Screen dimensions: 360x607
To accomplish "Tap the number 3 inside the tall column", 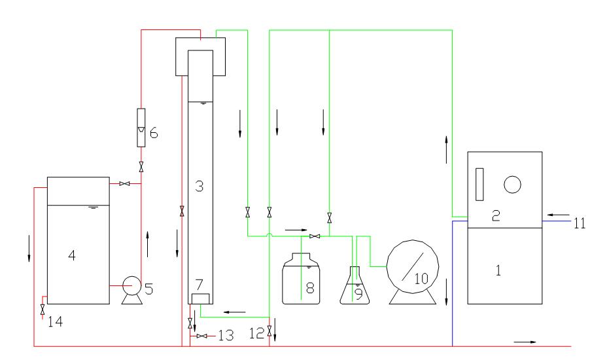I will pyautogui.click(x=200, y=187).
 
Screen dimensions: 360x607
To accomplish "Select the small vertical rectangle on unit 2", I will pyautogui.click(x=479, y=184).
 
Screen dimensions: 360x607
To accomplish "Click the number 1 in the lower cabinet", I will pyautogui.click(x=498, y=269).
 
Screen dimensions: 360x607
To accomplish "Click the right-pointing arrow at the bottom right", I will pyautogui.click(x=523, y=341).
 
